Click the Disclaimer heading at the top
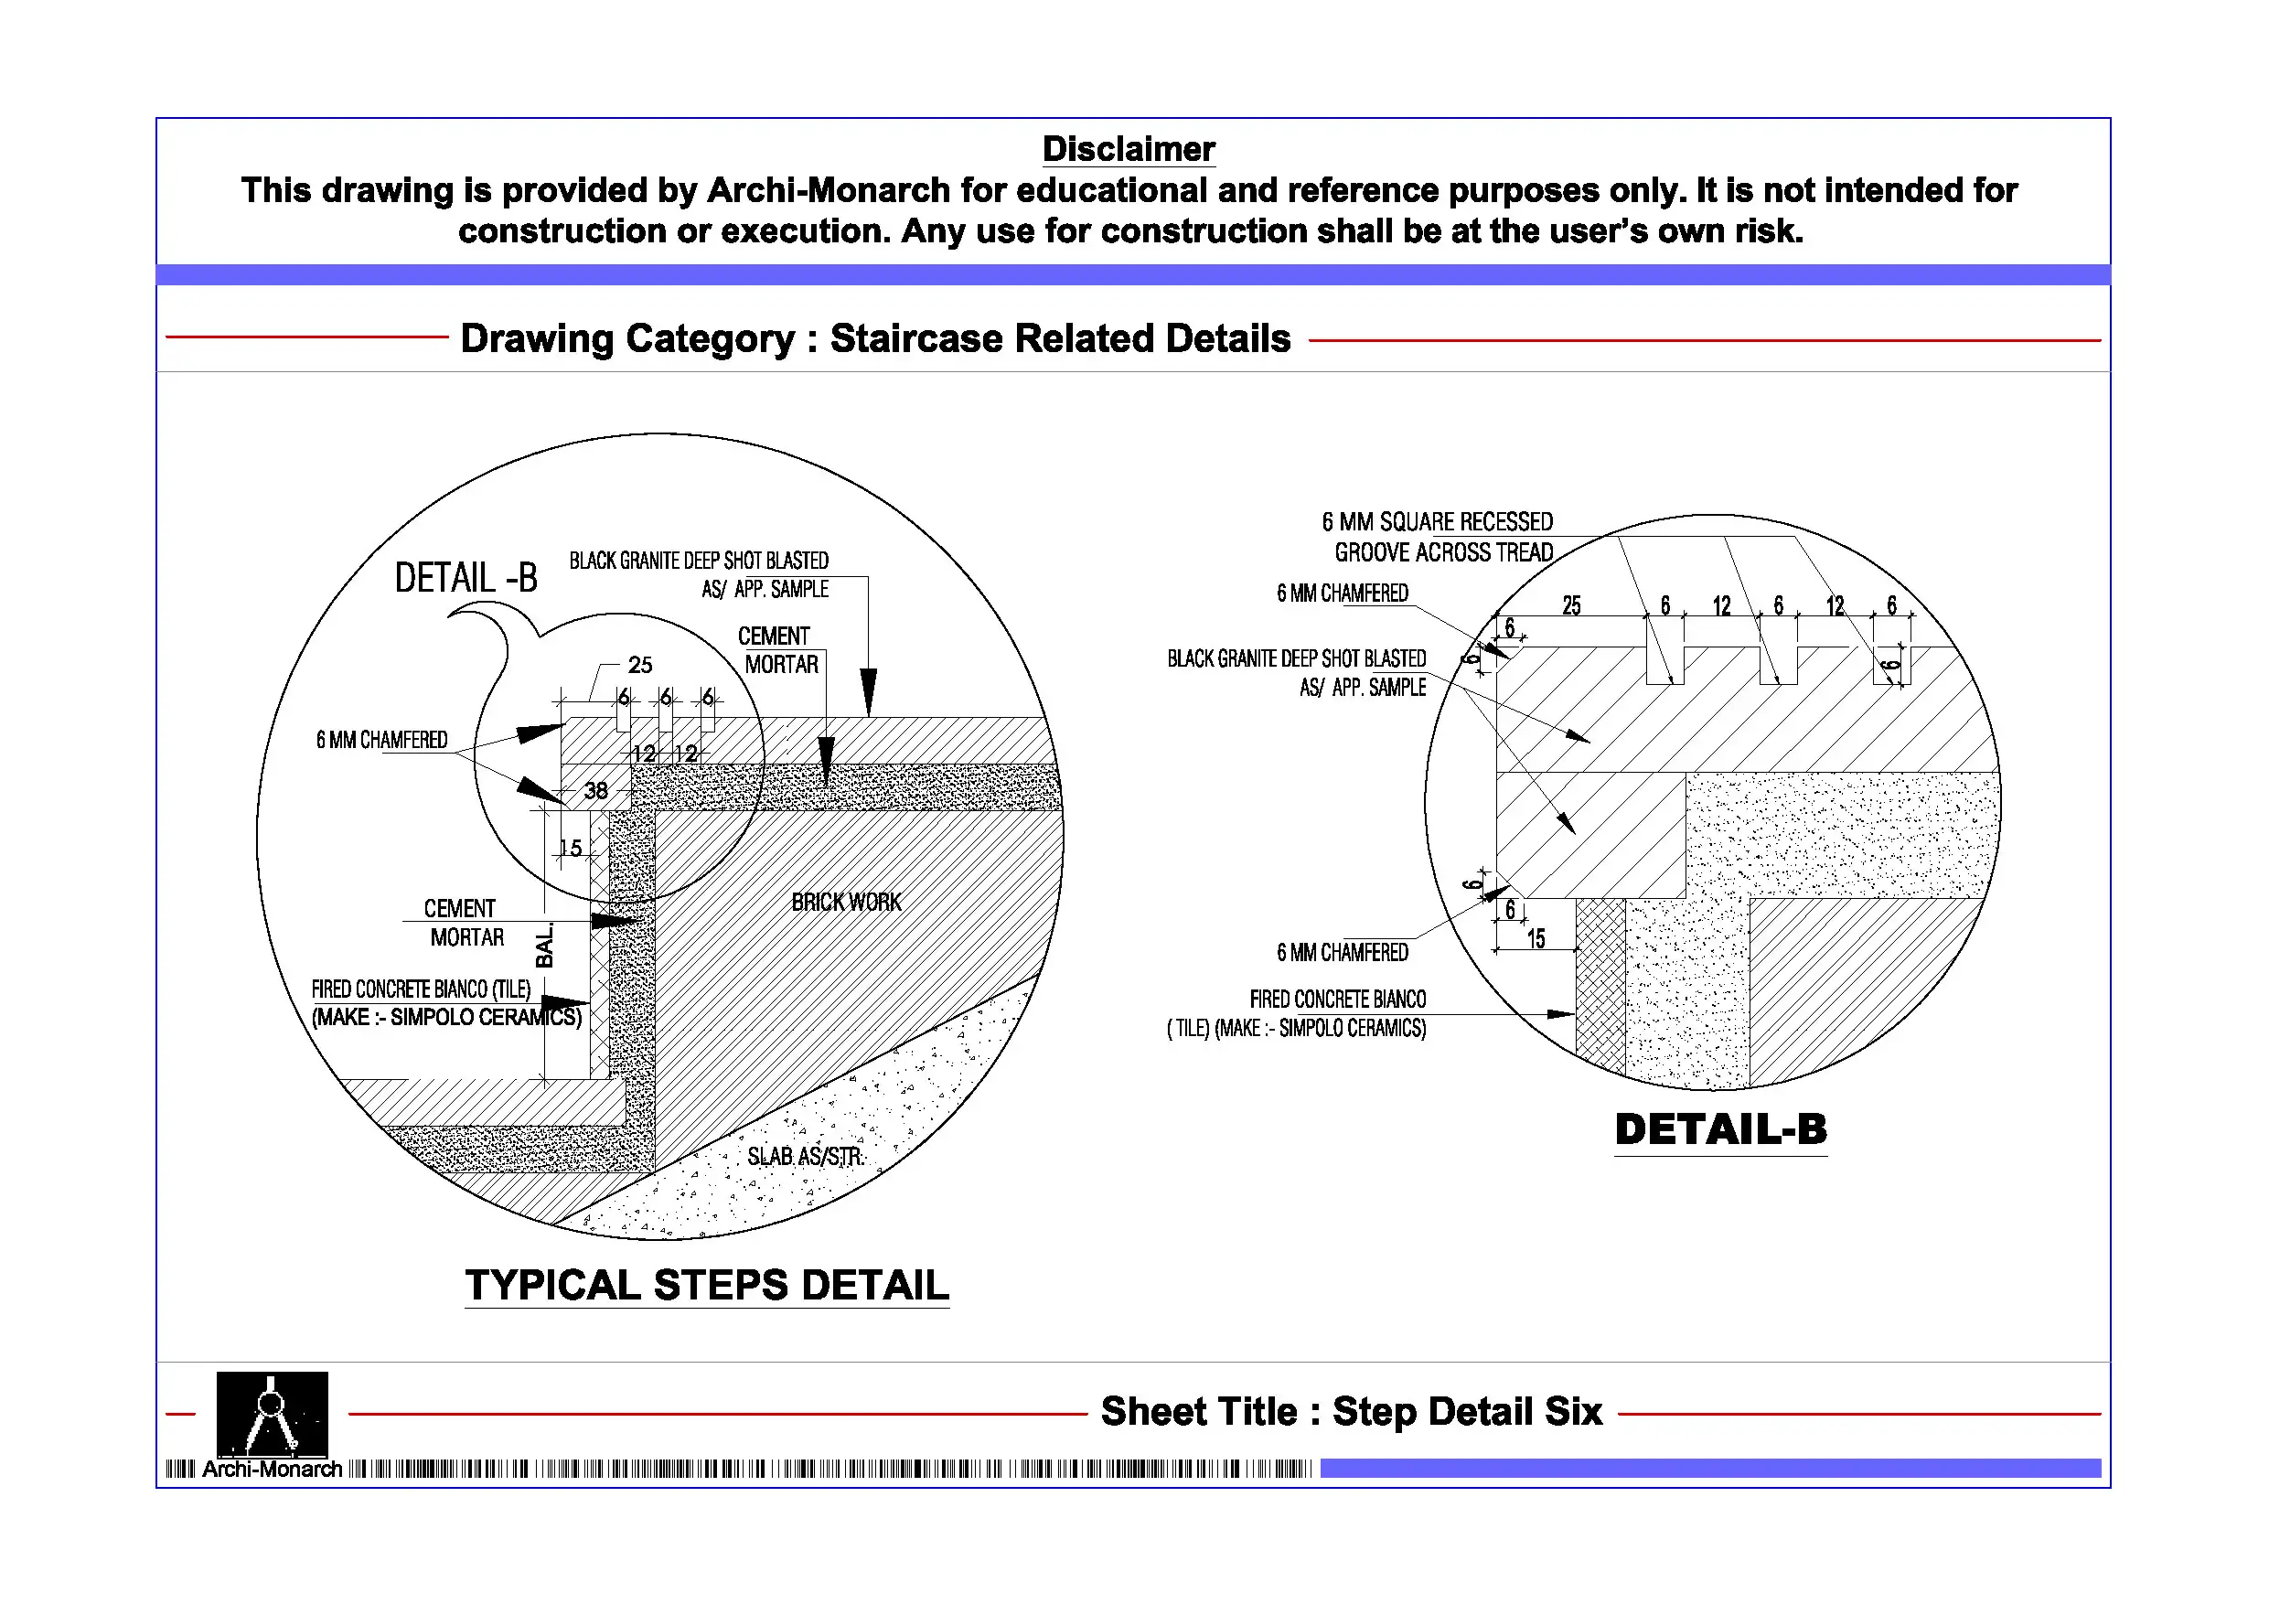click(x=1128, y=149)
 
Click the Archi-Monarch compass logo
click(x=272, y=1412)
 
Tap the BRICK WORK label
click(x=846, y=903)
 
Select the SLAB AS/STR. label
click(x=805, y=1156)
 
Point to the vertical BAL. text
click(x=544, y=945)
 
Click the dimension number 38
click(x=596, y=791)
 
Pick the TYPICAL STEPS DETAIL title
click(x=707, y=1285)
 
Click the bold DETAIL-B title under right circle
click(x=1720, y=1129)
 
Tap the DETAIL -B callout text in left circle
click(x=466, y=578)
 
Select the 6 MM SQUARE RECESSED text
click(x=1437, y=522)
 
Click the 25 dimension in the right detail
click(x=1571, y=605)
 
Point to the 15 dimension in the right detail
click(x=1536, y=939)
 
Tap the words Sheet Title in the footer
click(x=1198, y=1411)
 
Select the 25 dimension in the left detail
click(x=640, y=665)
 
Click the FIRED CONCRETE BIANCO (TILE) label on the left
click(x=421, y=989)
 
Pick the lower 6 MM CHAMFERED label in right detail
click(x=1342, y=953)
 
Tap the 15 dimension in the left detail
click(x=570, y=848)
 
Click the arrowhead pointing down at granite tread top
click(x=868, y=692)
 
